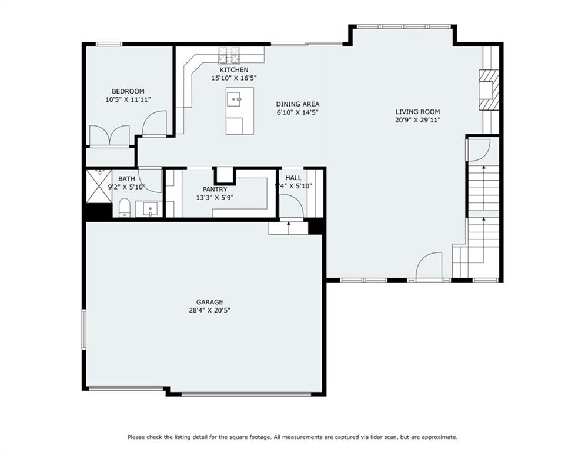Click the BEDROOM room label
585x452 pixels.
click(x=128, y=91)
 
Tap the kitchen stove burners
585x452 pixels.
click(x=229, y=55)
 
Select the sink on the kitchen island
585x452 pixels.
click(x=235, y=99)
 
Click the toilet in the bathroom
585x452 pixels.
click(x=124, y=208)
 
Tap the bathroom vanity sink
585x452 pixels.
click(x=150, y=209)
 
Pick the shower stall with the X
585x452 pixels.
click(x=99, y=186)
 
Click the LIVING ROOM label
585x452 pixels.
click(x=418, y=112)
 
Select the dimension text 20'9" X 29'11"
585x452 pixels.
click(x=418, y=120)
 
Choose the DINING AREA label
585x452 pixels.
click(x=297, y=104)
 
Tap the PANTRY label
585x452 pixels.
click(x=215, y=190)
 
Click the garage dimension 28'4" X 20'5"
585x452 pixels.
click(x=210, y=310)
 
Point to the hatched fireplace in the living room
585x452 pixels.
click(x=489, y=89)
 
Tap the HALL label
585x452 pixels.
click(x=293, y=178)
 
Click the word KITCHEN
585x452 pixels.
click(x=234, y=70)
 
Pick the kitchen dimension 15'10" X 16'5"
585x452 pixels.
click(x=234, y=78)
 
